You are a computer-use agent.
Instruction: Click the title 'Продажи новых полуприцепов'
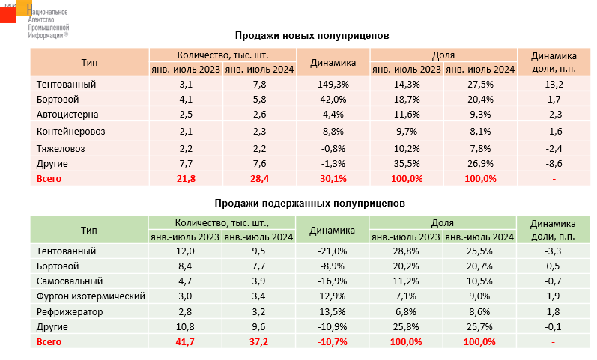coord(312,35)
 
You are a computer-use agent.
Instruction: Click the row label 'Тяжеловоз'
coord(61,147)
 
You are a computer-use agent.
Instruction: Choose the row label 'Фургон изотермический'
coord(90,296)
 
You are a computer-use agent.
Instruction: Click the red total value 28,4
coord(260,178)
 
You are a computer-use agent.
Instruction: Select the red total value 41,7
coord(186,341)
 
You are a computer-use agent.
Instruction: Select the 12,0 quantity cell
coord(186,251)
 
